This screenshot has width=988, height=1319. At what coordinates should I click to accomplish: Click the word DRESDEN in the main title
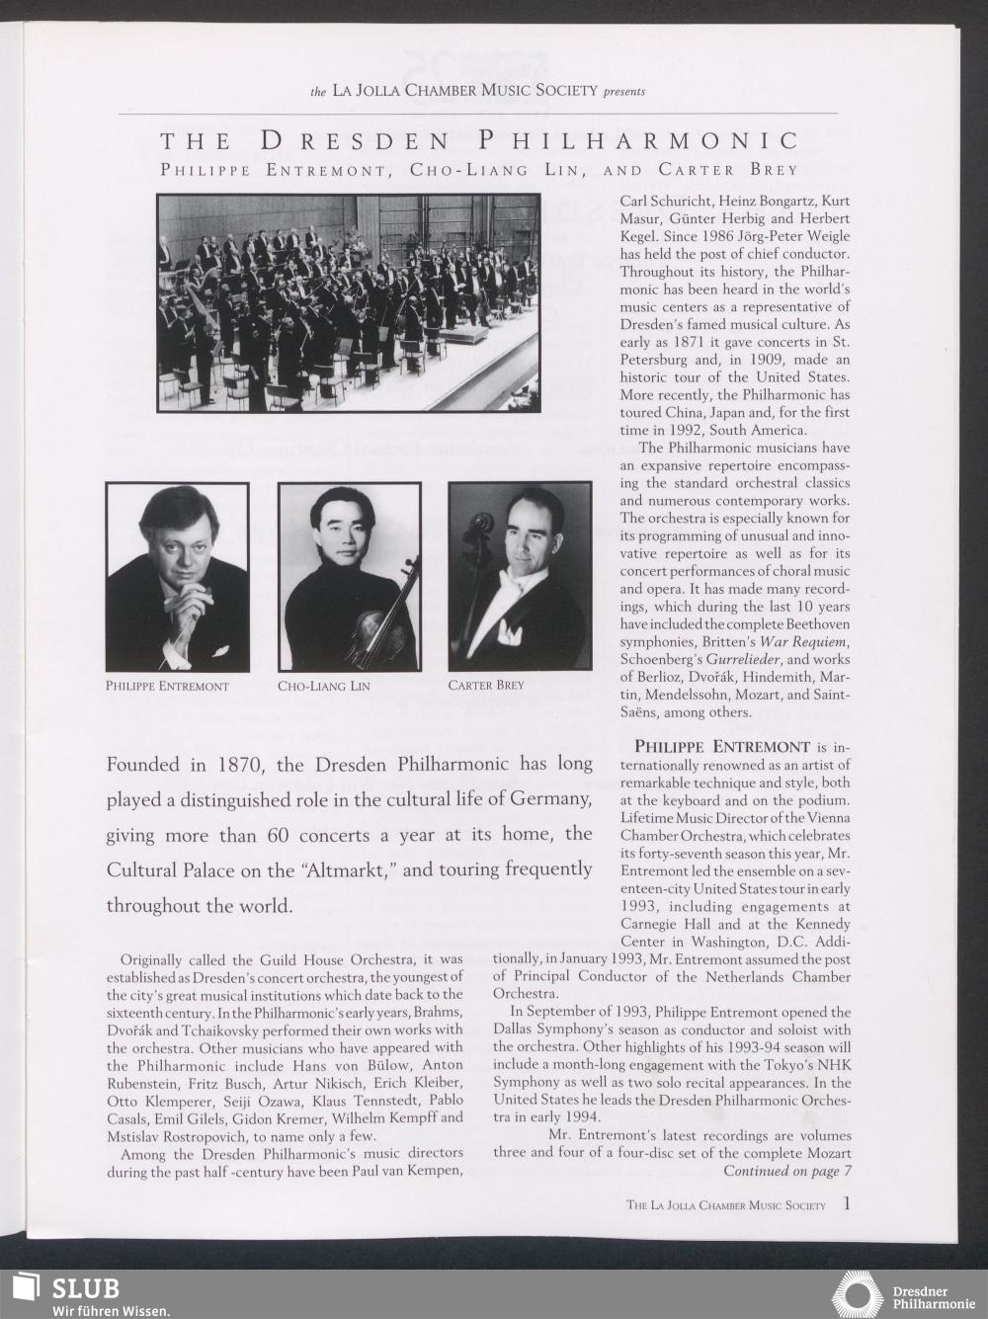pyautogui.click(x=354, y=142)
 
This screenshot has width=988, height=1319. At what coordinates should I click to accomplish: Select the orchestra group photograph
pyautogui.click(x=348, y=301)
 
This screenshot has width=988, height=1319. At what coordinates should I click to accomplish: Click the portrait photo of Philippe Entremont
pyautogui.click(x=177, y=576)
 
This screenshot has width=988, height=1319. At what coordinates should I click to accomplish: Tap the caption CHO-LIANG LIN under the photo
pyautogui.click(x=324, y=686)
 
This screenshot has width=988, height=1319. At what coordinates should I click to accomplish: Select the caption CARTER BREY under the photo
pyautogui.click(x=486, y=685)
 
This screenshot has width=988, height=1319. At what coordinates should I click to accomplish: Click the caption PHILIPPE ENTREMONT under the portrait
pyautogui.click(x=167, y=686)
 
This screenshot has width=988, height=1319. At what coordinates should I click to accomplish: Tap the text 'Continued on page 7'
pyautogui.click(x=787, y=1172)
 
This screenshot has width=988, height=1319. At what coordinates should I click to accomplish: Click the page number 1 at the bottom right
pyautogui.click(x=847, y=1203)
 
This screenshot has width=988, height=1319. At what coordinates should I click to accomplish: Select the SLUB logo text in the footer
pyautogui.click(x=85, y=1288)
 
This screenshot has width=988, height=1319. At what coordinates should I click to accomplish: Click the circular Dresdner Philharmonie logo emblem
pyautogui.click(x=857, y=1294)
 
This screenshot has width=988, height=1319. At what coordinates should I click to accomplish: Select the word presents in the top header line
pyautogui.click(x=624, y=91)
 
